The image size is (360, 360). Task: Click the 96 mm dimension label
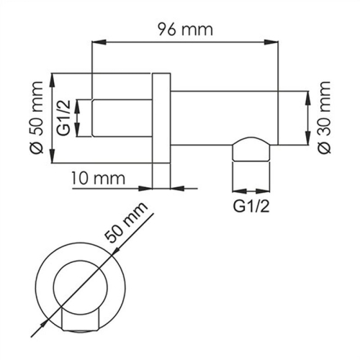181,31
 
